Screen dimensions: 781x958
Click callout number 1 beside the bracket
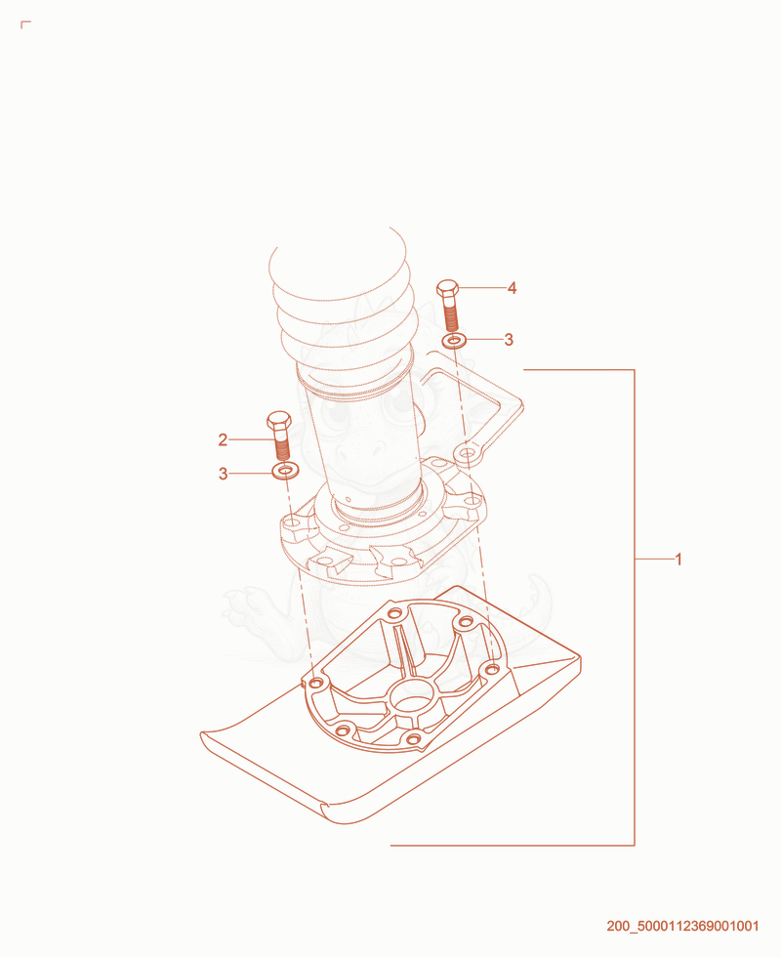pyautogui.click(x=678, y=559)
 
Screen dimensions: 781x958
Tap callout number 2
pyautogui.click(x=223, y=439)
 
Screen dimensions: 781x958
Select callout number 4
pyautogui.click(x=512, y=288)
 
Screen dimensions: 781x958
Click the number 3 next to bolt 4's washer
pyautogui.click(x=509, y=340)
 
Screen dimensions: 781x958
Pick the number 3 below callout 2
pyautogui.click(x=223, y=474)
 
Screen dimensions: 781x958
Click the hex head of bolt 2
pyautogui.click(x=279, y=421)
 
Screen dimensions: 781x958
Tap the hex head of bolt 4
pyautogui.click(x=448, y=288)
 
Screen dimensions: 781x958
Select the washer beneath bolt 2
pyautogui.click(x=284, y=471)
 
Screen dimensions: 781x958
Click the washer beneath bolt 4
pyautogui.click(x=454, y=340)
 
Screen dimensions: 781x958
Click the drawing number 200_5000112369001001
pyautogui.click(x=682, y=926)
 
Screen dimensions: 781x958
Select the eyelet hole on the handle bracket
pyautogui.click(x=466, y=453)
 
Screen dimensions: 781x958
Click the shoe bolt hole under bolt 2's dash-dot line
pyautogui.click(x=315, y=683)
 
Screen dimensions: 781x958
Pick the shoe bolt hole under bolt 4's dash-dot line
pyautogui.click(x=492, y=670)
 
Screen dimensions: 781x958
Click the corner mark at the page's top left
pyautogui.click(x=24, y=23)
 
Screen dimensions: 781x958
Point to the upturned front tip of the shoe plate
pyautogui.click(x=206, y=736)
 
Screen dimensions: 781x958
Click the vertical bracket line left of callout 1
pyautogui.click(x=635, y=607)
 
